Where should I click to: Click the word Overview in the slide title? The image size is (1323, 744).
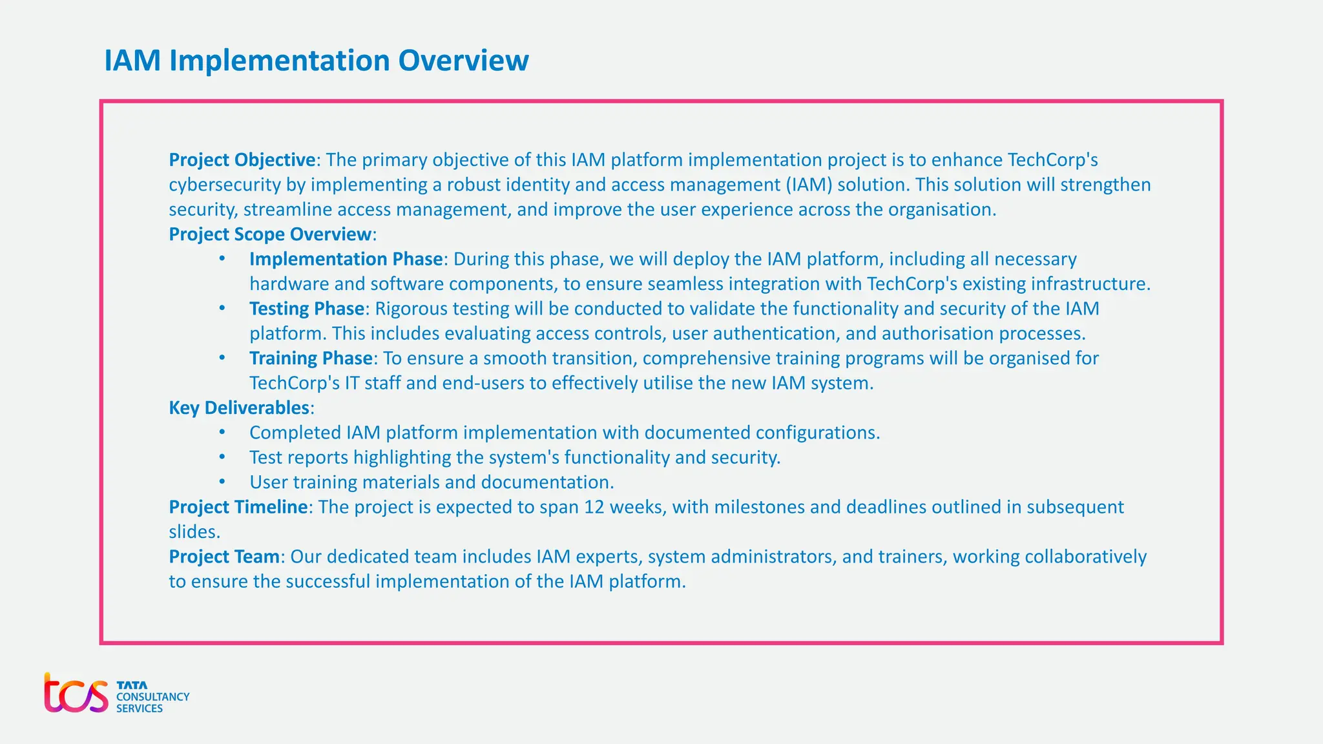(463, 61)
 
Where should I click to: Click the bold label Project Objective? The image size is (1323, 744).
(242, 160)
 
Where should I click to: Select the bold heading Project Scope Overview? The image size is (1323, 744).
(270, 234)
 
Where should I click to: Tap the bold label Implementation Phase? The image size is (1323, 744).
(346, 259)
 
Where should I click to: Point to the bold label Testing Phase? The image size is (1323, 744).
(307, 309)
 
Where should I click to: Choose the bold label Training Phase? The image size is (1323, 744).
(311, 358)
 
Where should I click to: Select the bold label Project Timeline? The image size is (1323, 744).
(238, 507)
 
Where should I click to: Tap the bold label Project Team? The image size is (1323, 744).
(224, 557)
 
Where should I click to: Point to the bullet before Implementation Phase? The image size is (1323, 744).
(222, 259)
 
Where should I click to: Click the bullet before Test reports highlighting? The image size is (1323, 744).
(222, 457)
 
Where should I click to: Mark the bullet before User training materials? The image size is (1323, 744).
(222, 482)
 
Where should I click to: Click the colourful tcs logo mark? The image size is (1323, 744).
(76, 694)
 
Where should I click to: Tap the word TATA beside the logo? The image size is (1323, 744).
(132, 685)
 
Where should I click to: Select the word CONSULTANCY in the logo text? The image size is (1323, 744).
(152, 697)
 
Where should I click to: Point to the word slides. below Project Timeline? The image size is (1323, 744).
(194, 532)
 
